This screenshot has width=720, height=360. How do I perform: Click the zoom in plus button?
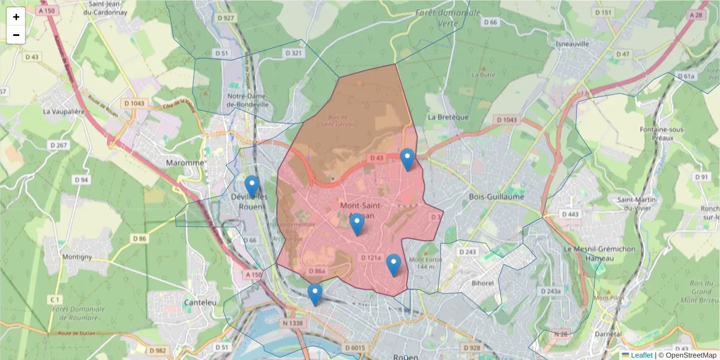point(16,17)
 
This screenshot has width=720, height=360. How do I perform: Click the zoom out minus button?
point(16,35)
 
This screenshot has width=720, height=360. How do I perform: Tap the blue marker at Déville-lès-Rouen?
point(252,187)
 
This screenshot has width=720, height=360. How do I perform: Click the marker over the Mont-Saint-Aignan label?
point(357,224)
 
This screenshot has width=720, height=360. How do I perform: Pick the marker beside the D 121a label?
point(393,265)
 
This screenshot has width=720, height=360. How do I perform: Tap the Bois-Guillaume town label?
point(496,197)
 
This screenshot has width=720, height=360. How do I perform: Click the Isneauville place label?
point(572,44)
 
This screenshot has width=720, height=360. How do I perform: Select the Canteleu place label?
point(200,302)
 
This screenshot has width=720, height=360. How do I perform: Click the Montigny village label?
point(77,257)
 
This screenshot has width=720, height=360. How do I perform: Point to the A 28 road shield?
point(696,15)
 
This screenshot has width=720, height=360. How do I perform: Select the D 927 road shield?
point(226,18)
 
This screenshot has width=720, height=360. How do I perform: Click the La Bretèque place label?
point(448,117)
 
